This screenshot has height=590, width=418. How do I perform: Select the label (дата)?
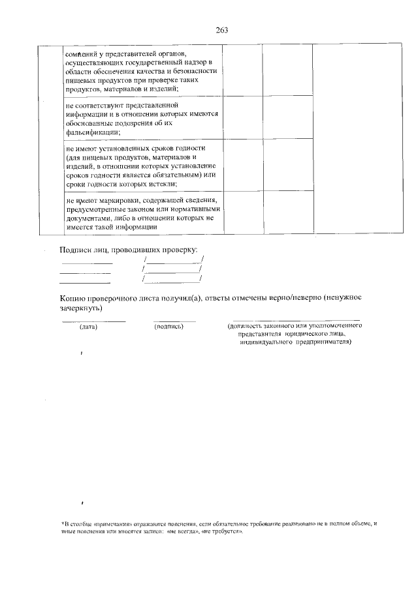88,327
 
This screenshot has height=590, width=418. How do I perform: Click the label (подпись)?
169,327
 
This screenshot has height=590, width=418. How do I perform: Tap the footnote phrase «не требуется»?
221,532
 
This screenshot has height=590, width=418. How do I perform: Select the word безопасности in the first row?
197,70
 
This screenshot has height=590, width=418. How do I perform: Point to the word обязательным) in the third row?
175,174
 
